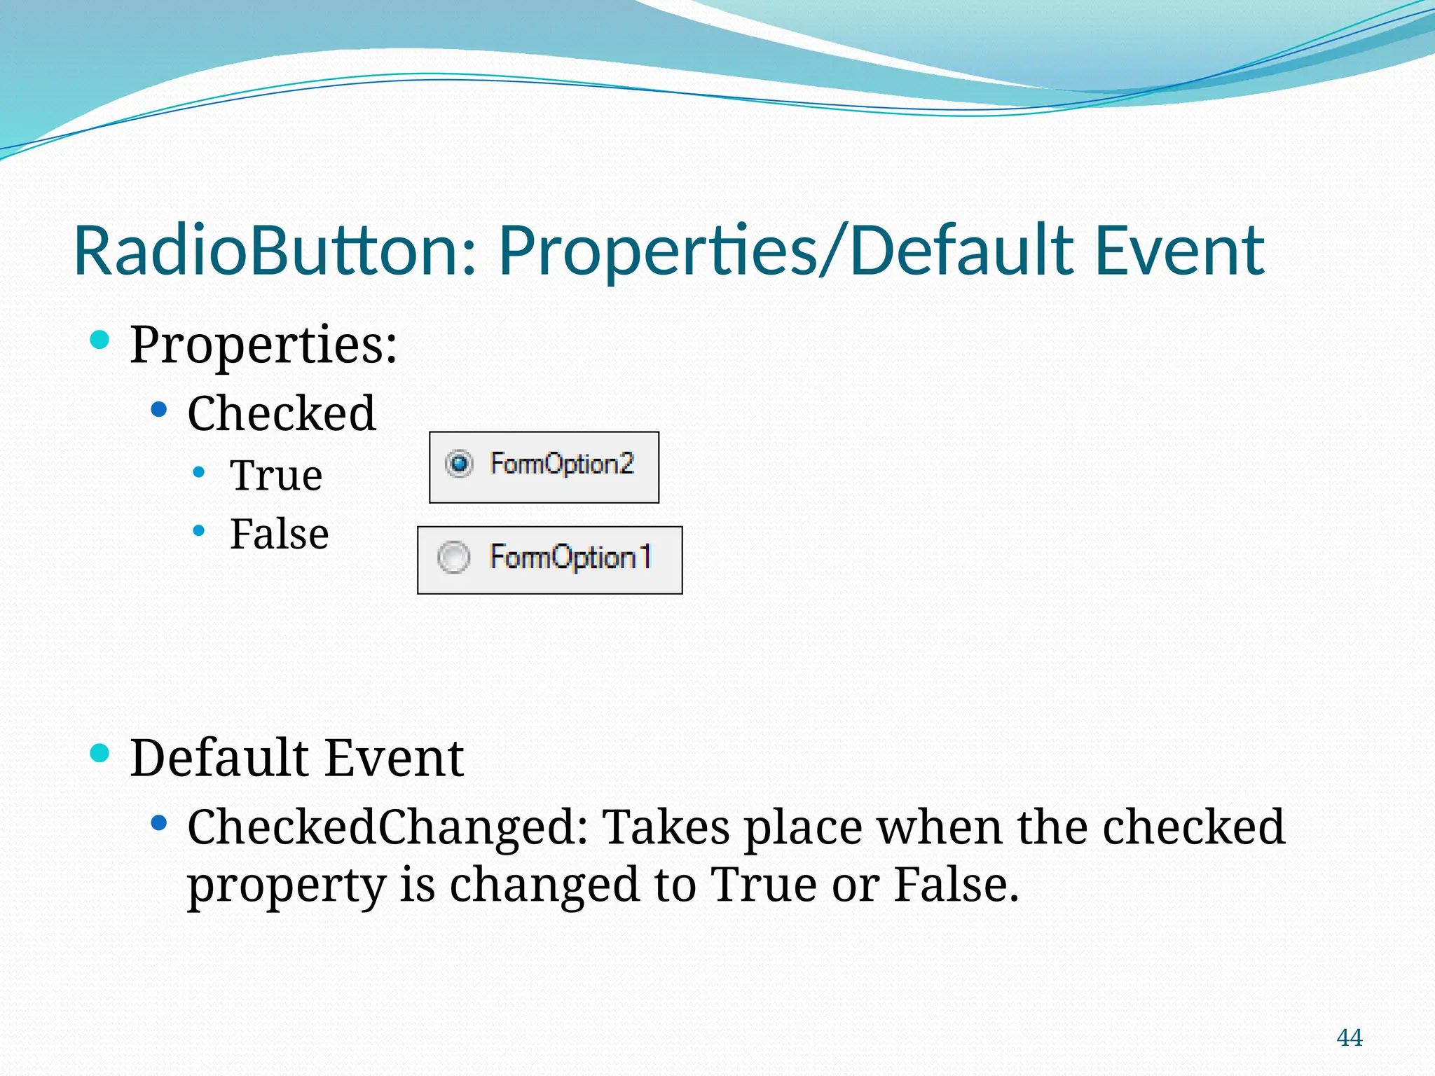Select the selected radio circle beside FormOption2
[459, 464]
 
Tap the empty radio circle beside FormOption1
[453, 558]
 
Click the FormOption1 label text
[570, 558]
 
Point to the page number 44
[1350, 1037]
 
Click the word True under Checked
[276, 476]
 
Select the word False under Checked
[280, 534]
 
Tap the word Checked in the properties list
[282, 413]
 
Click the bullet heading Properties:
[263, 345]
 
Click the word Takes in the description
[666, 827]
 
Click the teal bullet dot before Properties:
[100, 340]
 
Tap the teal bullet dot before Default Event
[100, 754]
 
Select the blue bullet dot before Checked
[159, 410]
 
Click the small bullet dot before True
[199, 473]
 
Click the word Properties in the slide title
[658, 251]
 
